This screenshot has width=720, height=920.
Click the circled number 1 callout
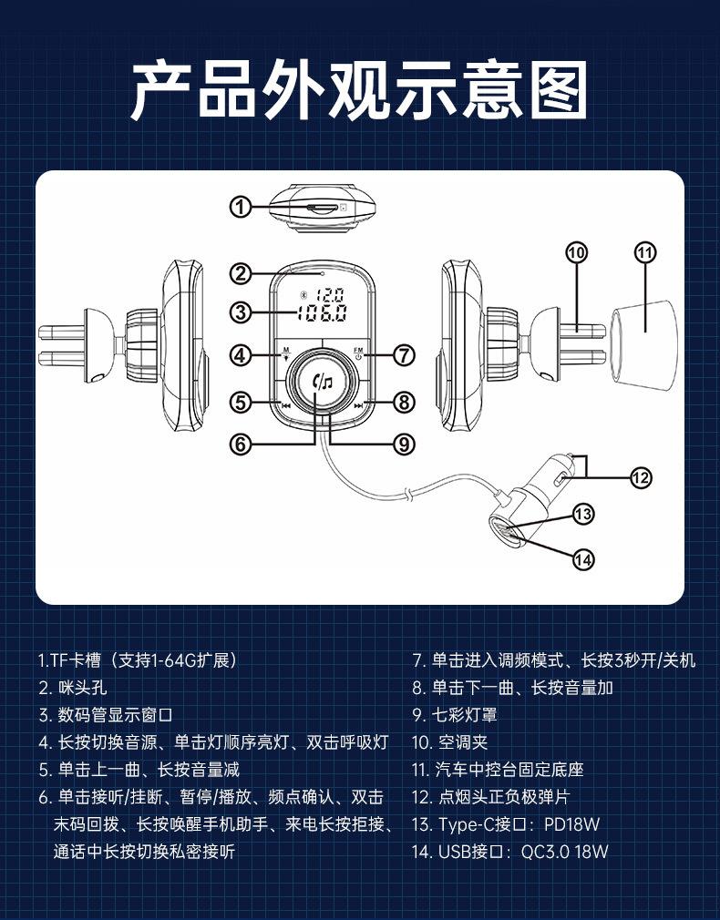[240, 207]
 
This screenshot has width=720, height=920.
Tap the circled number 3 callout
[240, 312]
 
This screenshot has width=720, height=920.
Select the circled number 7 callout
[405, 355]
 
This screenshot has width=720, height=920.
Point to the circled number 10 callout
[576, 252]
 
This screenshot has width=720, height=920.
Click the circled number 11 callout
[645, 252]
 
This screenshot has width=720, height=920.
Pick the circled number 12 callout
[641, 477]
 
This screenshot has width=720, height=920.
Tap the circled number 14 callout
[583, 559]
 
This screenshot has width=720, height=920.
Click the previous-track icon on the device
[285, 407]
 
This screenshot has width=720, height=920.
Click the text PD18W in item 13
[571, 824]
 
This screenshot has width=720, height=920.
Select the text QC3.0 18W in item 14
[564, 852]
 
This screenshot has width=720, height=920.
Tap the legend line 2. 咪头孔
[73, 688]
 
